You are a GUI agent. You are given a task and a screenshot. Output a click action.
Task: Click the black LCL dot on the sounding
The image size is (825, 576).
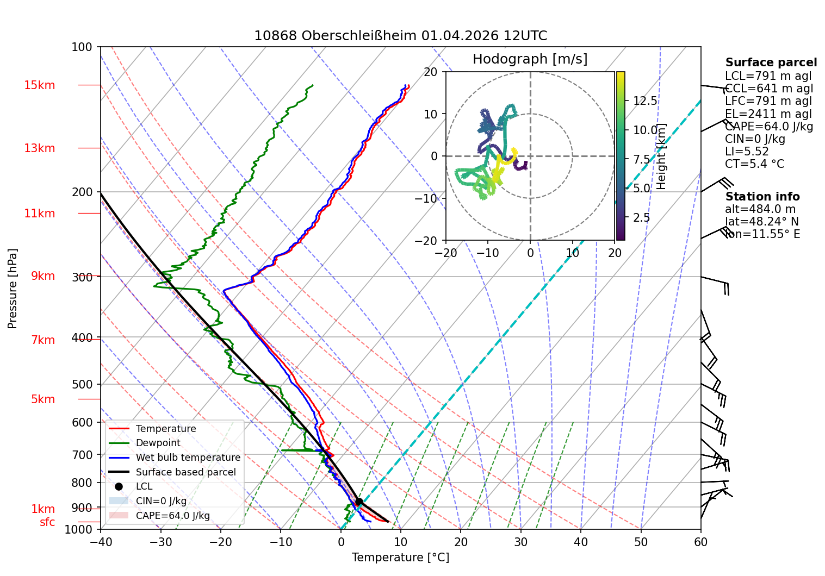coord(359,502)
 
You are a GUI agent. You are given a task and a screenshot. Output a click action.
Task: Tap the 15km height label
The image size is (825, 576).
coord(39,85)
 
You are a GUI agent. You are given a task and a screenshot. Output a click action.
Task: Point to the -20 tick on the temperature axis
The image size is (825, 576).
coord(221,542)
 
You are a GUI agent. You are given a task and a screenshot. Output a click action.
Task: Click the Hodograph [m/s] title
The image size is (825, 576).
coord(530,59)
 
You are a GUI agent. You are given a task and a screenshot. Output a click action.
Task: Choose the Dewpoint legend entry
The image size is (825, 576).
coord(158,443)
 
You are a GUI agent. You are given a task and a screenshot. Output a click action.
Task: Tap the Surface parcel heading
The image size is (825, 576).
coord(771,62)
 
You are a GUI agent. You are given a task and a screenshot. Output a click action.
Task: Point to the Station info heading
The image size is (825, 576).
coord(762,197)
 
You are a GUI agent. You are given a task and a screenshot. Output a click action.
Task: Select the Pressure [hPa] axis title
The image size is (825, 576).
coord(12,289)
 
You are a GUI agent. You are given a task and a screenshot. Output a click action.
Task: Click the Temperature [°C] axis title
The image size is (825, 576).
coord(401,557)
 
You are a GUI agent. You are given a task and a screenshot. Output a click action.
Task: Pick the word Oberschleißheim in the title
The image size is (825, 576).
coord(359,36)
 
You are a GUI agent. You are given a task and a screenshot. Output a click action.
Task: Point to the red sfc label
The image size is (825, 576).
coord(47,522)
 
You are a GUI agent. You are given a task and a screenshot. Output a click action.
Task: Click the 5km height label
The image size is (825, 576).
coord(43,399)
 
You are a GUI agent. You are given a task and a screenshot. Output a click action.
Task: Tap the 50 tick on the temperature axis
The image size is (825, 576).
coord(641,542)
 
